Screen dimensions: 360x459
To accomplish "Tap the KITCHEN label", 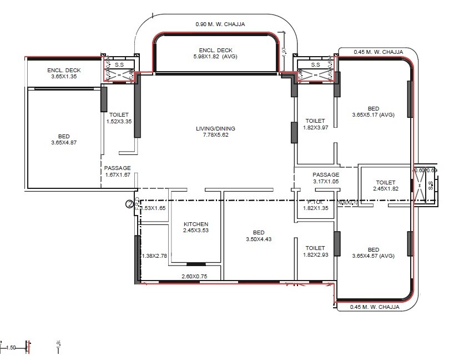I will pyautogui.click(x=196, y=224).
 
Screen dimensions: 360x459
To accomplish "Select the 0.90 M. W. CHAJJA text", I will pyautogui.click(x=220, y=24).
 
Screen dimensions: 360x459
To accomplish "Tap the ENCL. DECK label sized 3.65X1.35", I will pyautogui.click(x=64, y=70).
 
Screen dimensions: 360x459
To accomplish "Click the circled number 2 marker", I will pyautogui.click(x=130, y=204).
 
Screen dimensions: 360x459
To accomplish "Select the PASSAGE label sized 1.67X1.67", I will pyautogui.click(x=118, y=168).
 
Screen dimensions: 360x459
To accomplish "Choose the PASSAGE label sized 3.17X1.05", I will pyautogui.click(x=325, y=174).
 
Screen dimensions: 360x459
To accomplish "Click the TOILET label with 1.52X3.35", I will pyautogui.click(x=119, y=115).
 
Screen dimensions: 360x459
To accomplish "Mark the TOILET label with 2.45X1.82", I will pyautogui.click(x=385, y=182).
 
